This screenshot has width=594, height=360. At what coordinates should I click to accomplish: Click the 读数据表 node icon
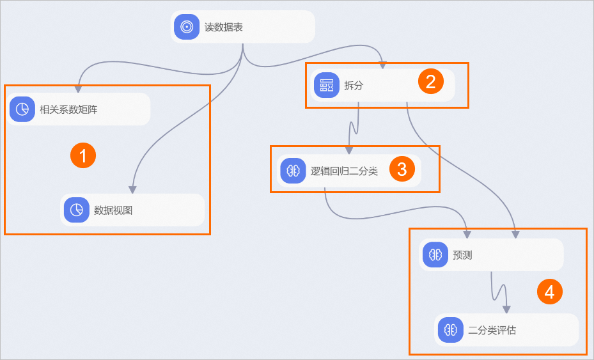pyautogui.click(x=187, y=27)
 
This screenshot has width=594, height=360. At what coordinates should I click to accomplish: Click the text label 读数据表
pyautogui.click(x=224, y=27)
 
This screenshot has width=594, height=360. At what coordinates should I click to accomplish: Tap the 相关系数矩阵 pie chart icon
pyautogui.click(x=22, y=109)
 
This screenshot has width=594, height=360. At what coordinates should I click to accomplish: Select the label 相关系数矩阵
pyautogui.click(x=68, y=109)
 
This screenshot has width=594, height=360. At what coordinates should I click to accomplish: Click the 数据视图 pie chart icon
pyautogui.click(x=76, y=210)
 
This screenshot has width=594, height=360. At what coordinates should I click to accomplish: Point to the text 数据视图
pyautogui.click(x=113, y=210)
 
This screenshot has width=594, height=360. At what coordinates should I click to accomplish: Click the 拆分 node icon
pyautogui.click(x=327, y=85)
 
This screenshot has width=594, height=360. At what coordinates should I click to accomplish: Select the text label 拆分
pyautogui.click(x=354, y=86)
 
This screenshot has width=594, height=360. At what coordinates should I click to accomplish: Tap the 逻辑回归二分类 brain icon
pyautogui.click(x=293, y=171)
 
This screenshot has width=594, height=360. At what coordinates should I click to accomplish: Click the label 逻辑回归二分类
pyautogui.click(x=344, y=171)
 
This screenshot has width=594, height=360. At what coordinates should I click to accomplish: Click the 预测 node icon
pyautogui.click(x=435, y=255)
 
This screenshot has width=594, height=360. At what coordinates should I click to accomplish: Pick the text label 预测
pyautogui.click(x=462, y=255)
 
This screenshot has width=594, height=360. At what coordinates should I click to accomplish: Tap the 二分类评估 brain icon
pyautogui.click(x=451, y=330)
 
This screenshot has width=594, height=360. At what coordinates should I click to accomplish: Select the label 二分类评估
pyautogui.click(x=492, y=331)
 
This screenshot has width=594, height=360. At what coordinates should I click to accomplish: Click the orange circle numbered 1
pyautogui.click(x=83, y=155)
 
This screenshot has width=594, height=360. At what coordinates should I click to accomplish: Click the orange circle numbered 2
pyautogui.click(x=430, y=81)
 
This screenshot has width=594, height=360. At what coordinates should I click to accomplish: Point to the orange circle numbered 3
pyautogui.click(x=402, y=169)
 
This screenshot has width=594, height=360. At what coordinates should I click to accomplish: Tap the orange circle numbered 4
pyautogui.click(x=549, y=292)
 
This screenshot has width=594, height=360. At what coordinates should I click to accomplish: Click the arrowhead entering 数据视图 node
pyautogui.click(x=132, y=189)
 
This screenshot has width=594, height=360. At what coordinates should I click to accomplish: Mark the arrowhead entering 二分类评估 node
pyautogui.click(x=506, y=309)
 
